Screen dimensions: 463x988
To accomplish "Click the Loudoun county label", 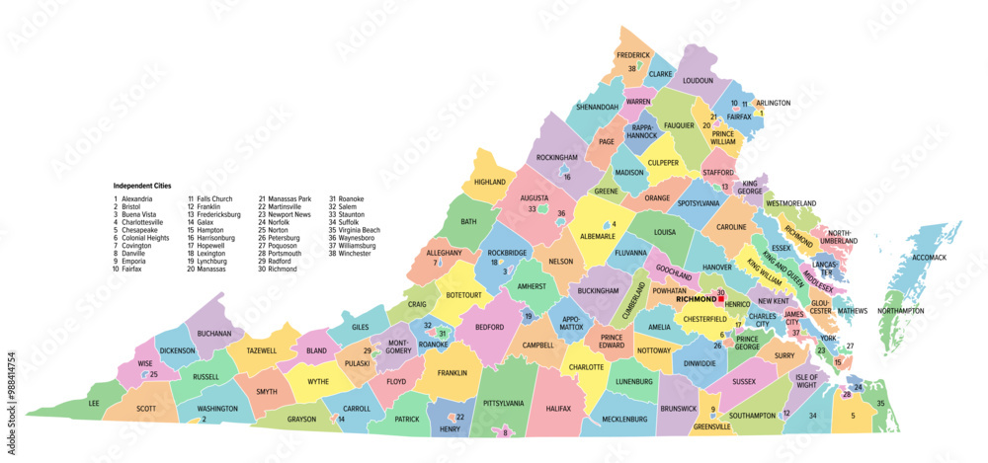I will tap(698, 80).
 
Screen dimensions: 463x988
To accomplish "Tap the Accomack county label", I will tap(927, 258).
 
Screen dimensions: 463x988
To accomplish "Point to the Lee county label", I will tap(94, 403).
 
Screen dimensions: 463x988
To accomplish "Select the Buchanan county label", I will tap(214, 334).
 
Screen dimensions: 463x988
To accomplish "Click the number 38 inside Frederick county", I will tap(631, 68).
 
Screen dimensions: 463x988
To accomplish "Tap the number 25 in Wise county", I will tap(153, 374).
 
